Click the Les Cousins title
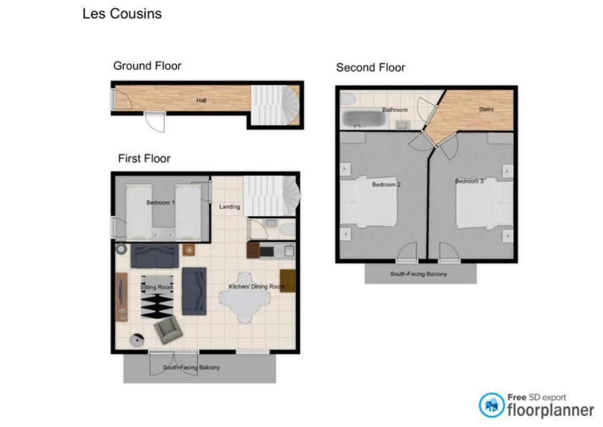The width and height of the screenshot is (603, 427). coord(122,14)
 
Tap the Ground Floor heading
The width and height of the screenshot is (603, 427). coord(147,66)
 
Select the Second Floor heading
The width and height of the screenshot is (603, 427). coord(370,68)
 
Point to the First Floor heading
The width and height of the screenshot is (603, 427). coord(144,159)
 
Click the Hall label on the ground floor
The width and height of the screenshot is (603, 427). coord(202,101)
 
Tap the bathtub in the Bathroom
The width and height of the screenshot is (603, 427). coord(364,119)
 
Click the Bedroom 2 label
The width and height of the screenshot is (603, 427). coord(386,185)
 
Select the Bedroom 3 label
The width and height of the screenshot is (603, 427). coord(469,181)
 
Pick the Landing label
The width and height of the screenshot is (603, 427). coord(230,207)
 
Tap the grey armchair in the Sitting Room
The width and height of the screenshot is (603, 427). coord(168,329)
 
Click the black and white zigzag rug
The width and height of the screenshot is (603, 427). coord(157,306)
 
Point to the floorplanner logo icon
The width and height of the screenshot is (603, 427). coord(491,405)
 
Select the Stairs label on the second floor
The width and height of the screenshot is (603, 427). coord(486,109)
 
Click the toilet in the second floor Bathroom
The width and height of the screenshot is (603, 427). coord(348,99)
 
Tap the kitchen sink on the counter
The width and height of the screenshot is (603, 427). coord(289,251)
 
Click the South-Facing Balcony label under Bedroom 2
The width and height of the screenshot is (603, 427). coord(418,274)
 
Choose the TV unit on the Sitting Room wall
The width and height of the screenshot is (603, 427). coord(122,297)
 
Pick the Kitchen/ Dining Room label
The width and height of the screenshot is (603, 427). coord(257,286)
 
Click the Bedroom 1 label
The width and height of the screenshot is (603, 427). coord(160,203)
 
